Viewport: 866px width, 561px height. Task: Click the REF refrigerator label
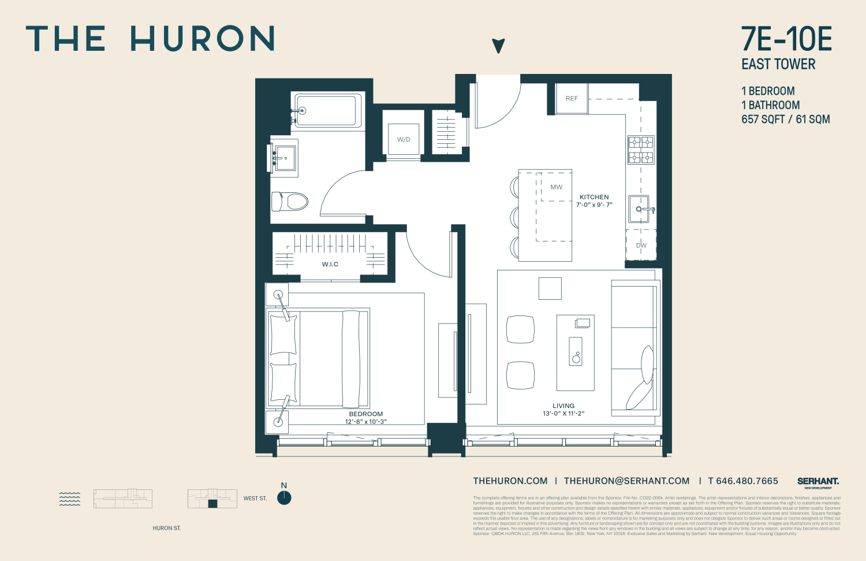point(572,98)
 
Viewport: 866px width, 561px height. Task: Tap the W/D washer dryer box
point(404,139)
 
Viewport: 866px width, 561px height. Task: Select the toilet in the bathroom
point(290,202)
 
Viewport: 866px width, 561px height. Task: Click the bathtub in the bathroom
point(327,110)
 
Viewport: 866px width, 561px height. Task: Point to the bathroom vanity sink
point(284,157)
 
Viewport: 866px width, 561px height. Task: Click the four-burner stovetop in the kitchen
point(641,150)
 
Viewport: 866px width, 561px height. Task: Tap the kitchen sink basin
point(639,209)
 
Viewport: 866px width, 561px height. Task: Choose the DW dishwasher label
point(641,245)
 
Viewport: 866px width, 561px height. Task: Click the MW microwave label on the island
point(556,187)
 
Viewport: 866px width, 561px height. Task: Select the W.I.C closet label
point(330,264)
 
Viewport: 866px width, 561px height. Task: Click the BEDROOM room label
point(365,414)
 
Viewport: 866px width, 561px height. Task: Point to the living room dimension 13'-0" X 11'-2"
point(563,413)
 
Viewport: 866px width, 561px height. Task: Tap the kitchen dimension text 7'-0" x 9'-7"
point(594,205)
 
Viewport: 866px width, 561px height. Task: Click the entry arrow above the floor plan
point(499,46)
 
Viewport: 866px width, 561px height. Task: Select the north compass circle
point(284,498)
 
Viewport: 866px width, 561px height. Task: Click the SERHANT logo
point(818,481)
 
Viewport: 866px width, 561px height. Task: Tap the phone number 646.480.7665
point(747,481)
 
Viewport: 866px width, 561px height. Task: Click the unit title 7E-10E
point(786,39)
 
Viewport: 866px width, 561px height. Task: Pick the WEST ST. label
point(255,498)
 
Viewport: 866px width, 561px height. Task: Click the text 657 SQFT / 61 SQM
point(786,119)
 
